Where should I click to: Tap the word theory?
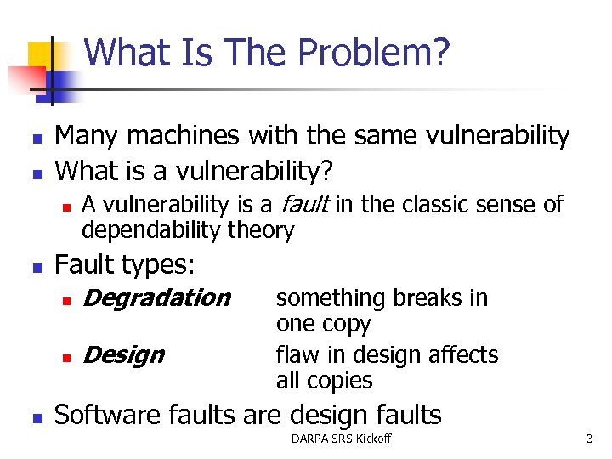coord(264,230)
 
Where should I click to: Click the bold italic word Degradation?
coord(157,297)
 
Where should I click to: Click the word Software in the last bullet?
coord(108,415)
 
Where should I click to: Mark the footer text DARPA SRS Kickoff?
coord(341,439)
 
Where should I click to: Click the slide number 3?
coord(587,439)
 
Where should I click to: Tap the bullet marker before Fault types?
coord(36,266)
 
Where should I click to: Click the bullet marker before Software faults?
coord(36,416)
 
